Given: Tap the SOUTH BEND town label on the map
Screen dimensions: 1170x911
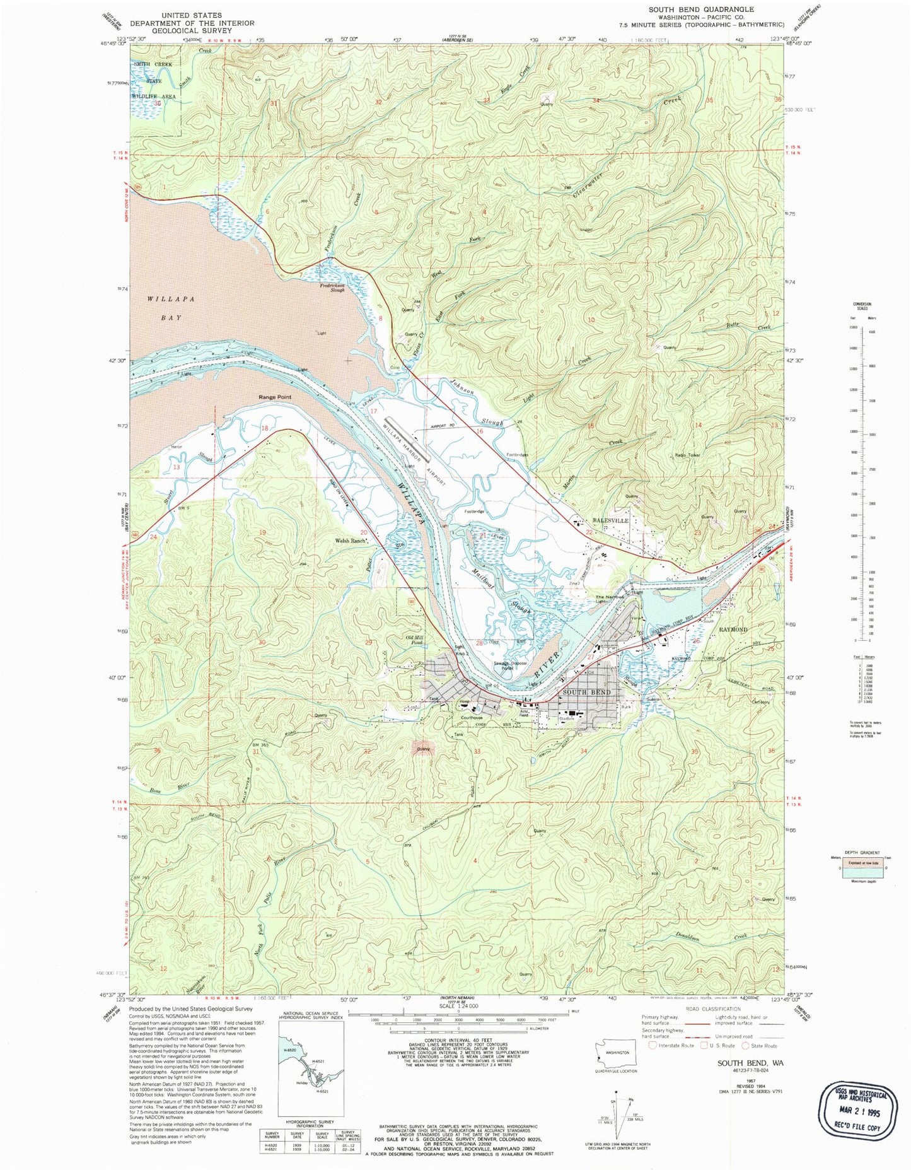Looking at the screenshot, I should pos(587,692).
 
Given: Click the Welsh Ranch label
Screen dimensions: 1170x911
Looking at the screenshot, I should pos(350,541).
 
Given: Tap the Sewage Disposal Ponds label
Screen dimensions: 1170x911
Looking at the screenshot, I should pos(509,666).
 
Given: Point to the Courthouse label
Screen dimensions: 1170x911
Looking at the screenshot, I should pos(472,718).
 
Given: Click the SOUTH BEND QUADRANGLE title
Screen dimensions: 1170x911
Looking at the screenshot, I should pos(701,9).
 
